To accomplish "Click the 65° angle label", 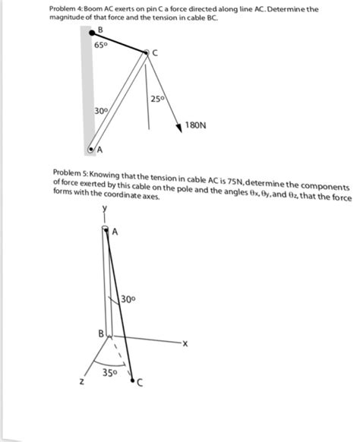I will (102, 44).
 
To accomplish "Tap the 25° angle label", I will (157, 99).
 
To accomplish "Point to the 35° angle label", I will (109, 374).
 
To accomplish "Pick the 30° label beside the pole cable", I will (129, 298).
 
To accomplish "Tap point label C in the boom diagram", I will (155, 52).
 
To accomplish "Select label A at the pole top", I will (115, 232).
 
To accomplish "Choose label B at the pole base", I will (100, 333).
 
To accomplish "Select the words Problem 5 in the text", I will (70, 175).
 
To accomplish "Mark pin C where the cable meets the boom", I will (147, 52).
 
